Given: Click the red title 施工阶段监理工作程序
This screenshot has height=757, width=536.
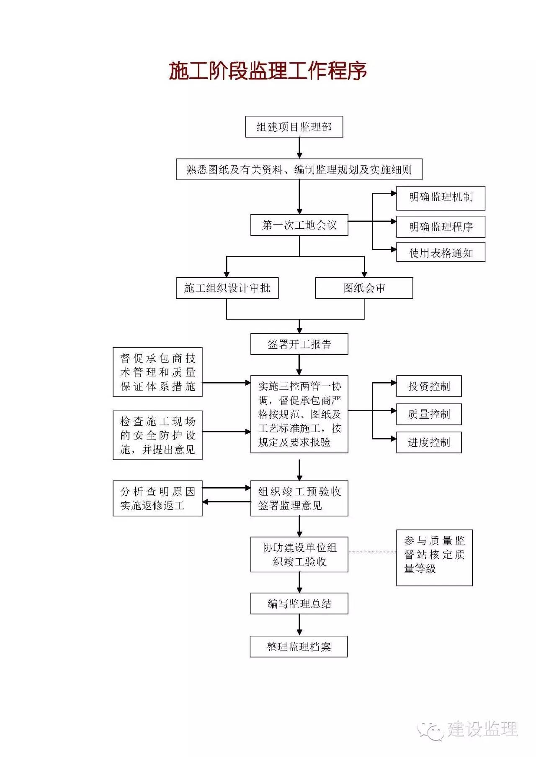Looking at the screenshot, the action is tap(268, 71).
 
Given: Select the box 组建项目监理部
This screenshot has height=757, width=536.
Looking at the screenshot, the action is tap(294, 127).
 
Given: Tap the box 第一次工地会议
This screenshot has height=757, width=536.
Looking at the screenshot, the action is tap(299, 225).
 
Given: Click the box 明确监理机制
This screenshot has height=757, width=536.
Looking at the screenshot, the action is tap(441, 198).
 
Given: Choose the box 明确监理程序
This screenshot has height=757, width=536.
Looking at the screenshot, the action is tap(441, 227).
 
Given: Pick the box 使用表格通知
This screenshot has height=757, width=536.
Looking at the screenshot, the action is tap(441, 253).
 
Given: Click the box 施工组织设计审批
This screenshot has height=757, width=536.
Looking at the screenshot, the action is tap(227, 288).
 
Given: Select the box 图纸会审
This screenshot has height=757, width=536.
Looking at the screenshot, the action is tap(364, 288).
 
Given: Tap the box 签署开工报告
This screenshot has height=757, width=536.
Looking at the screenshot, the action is tap(299, 344).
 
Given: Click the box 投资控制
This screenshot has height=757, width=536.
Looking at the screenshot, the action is tap(429, 386).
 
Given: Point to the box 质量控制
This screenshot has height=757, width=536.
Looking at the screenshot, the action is tap(429, 414).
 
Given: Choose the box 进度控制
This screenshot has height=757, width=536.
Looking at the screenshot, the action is tap(429, 442).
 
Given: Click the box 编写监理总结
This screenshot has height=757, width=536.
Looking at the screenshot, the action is tap(299, 604).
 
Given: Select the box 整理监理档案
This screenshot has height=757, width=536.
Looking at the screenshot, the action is tap(299, 647).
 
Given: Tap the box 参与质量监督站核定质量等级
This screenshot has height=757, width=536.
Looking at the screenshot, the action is tap(434, 558).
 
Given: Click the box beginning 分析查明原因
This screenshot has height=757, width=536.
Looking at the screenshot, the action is tap(157, 498).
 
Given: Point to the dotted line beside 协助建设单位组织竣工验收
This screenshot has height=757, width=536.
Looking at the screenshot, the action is tap(372, 552).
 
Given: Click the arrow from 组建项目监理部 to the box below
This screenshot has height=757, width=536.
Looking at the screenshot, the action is tap(299, 148).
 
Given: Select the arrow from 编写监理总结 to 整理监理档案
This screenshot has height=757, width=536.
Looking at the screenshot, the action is tap(299, 625).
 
